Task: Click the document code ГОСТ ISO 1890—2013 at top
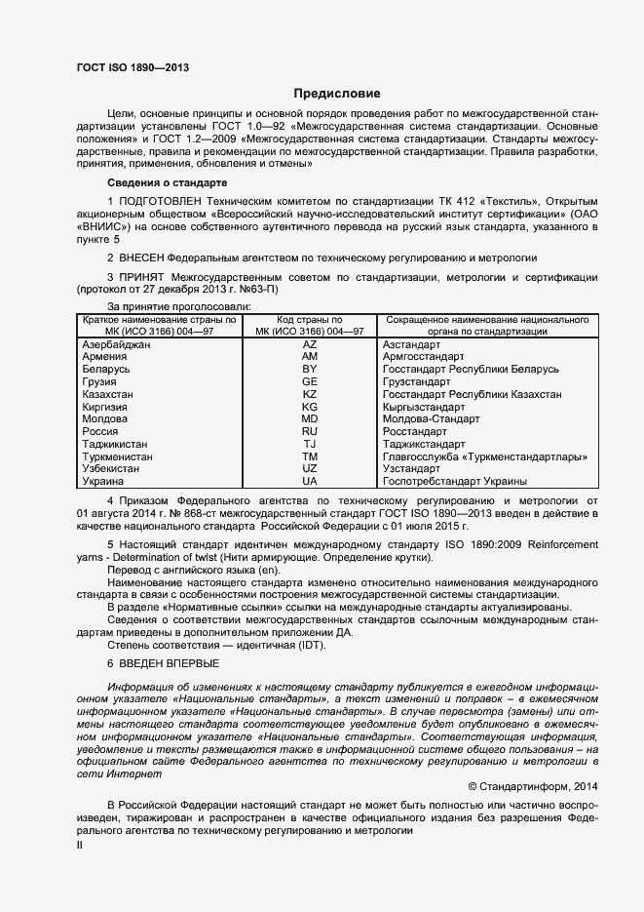coord(133,67)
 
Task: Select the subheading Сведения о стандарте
coord(167,182)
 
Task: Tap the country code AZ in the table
coord(310,345)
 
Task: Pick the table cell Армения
coord(106,357)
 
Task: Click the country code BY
coord(310,370)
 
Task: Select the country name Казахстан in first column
coord(108,394)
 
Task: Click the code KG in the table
coord(310,407)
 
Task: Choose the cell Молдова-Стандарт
coord(431,418)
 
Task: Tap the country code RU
coord(310,431)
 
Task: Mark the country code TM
coord(310,456)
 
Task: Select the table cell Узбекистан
coord(111,468)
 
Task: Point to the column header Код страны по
coord(310,320)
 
